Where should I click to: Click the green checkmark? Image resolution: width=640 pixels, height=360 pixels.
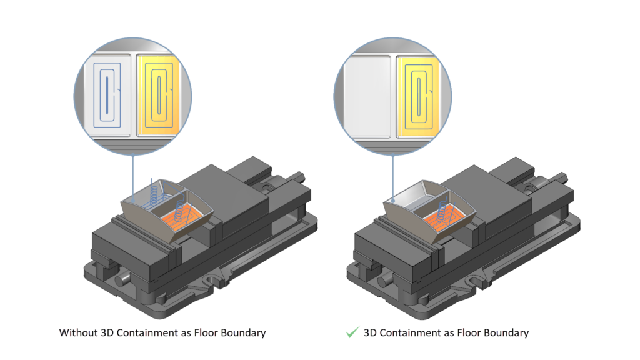[352, 332]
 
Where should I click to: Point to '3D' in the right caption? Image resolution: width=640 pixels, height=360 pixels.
[370, 333]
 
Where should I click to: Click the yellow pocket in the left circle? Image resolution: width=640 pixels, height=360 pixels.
[158, 95]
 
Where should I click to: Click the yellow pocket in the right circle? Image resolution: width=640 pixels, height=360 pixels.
[418, 96]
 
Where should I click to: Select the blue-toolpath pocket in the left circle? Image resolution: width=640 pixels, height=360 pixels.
[107, 95]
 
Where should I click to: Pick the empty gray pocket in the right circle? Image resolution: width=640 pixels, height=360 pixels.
[367, 96]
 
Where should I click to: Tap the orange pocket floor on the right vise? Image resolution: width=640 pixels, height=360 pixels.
[444, 217]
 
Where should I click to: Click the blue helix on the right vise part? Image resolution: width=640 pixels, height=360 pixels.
[442, 210]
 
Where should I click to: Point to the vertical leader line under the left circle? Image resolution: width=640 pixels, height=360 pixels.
[133, 178]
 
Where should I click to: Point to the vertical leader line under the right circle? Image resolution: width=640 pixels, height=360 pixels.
[393, 178]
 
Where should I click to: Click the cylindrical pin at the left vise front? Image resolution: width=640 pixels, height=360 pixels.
[122, 280]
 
